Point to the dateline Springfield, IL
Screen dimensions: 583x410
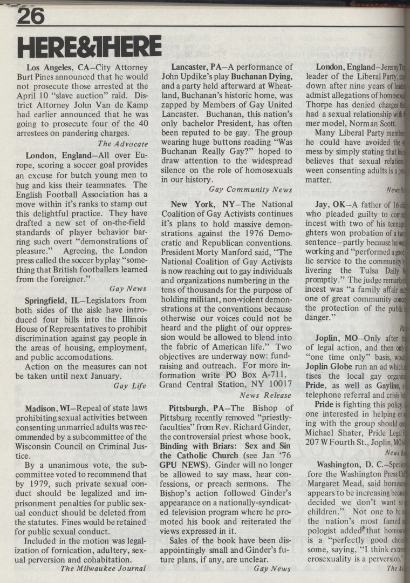coord(58,300)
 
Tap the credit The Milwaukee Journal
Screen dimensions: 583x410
coord(103,568)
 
